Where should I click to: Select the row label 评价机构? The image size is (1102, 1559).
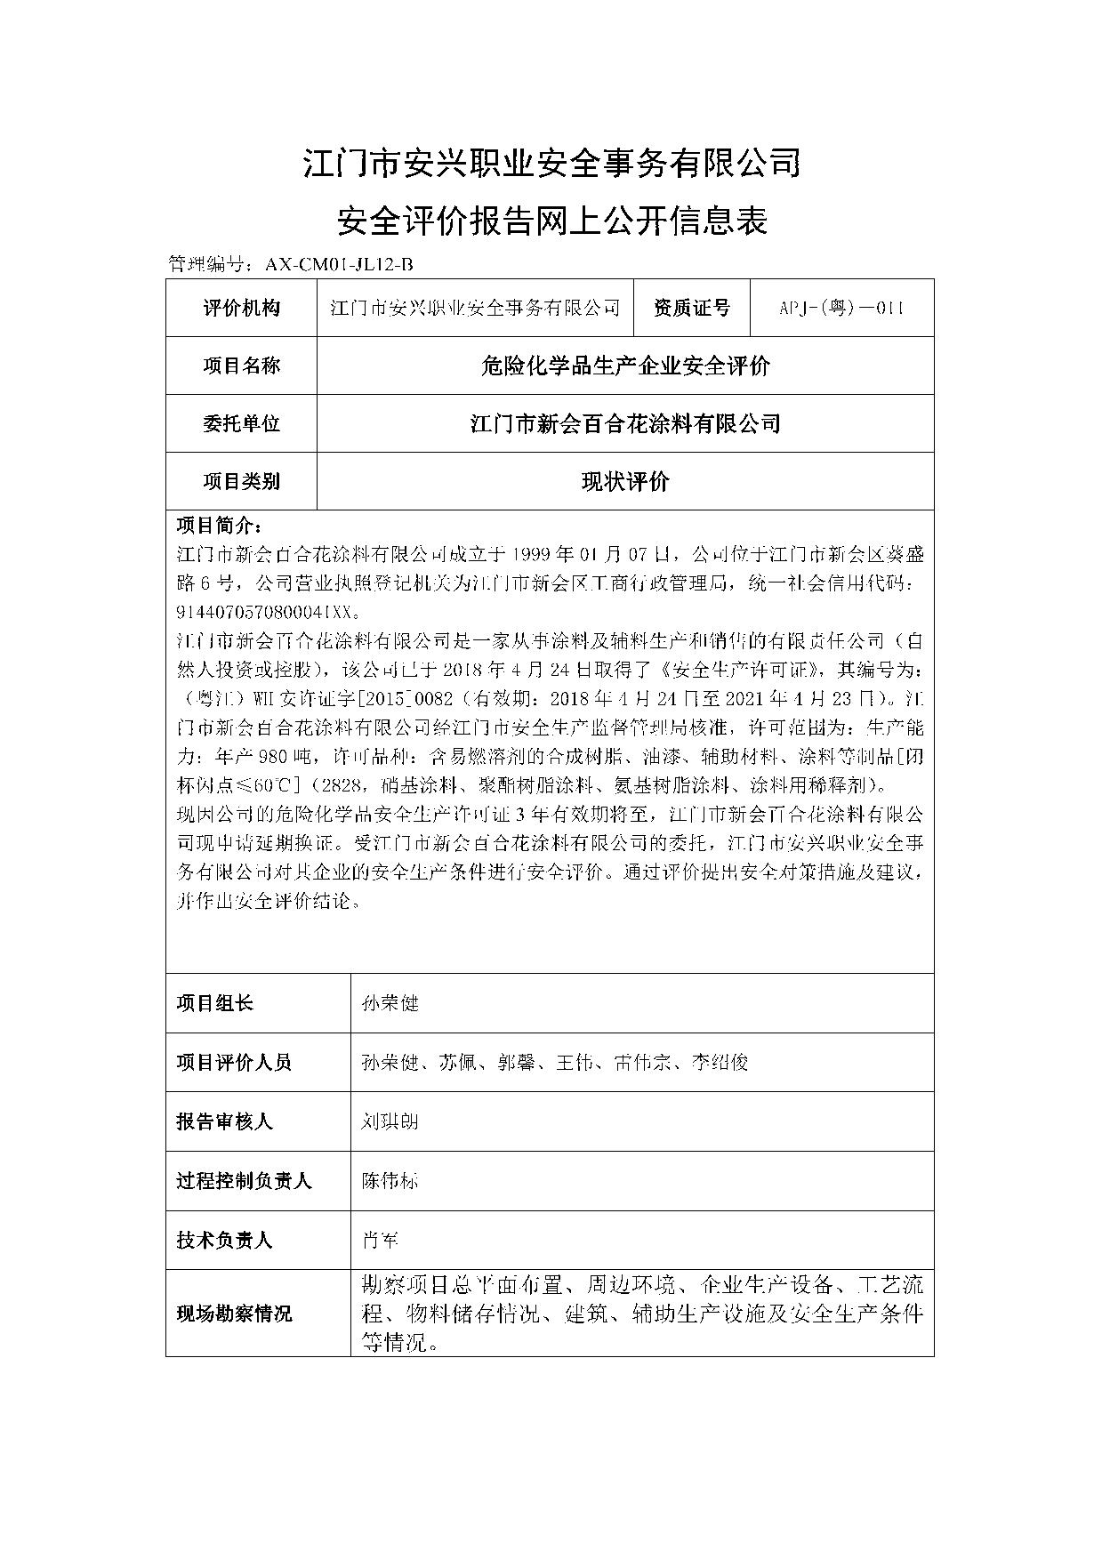coord(241,308)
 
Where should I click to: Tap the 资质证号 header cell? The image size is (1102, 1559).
coord(691,308)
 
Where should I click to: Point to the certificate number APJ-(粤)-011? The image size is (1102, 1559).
coord(841,308)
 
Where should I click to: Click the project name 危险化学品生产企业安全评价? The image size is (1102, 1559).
coord(624,366)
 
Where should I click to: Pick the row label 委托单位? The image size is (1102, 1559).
coord(241,423)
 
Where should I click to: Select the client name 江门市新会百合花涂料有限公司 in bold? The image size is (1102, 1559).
coord(624,423)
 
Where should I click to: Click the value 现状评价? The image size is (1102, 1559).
coord(624,481)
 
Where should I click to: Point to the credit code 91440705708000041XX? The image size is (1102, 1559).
coord(268,612)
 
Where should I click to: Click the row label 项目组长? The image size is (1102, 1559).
coord(214,1003)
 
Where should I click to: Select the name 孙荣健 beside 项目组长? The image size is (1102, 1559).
coord(390,1003)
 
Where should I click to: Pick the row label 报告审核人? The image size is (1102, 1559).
coord(224,1121)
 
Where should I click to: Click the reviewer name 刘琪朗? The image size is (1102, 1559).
coord(390,1121)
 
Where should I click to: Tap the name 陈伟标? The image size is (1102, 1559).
coord(390,1181)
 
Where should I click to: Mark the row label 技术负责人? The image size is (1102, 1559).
coord(224,1240)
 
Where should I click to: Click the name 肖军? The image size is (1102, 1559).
coord(380,1240)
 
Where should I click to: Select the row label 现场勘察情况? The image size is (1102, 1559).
coord(234,1314)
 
